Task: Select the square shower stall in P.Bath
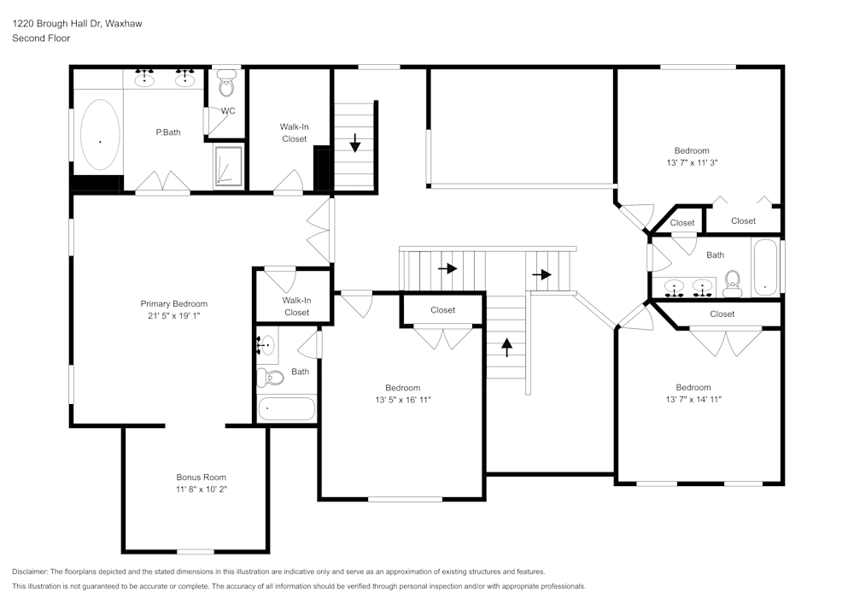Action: (x=228, y=166)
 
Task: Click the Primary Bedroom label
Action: (x=174, y=304)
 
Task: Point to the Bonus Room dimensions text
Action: (x=202, y=490)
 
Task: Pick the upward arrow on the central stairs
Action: (x=506, y=347)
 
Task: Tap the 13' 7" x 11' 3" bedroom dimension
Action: (x=692, y=162)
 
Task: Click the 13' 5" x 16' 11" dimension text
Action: (x=402, y=400)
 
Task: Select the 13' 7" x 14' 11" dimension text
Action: (x=693, y=399)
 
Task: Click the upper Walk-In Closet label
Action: (x=294, y=132)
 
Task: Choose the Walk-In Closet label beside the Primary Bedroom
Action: (x=296, y=306)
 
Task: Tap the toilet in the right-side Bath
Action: (x=732, y=283)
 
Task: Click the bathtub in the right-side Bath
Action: (x=765, y=267)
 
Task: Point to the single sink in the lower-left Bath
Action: (x=266, y=346)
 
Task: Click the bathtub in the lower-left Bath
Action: (x=287, y=408)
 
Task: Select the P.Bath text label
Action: (x=168, y=132)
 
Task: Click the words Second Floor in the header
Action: (x=41, y=38)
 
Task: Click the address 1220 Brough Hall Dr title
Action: (x=77, y=24)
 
